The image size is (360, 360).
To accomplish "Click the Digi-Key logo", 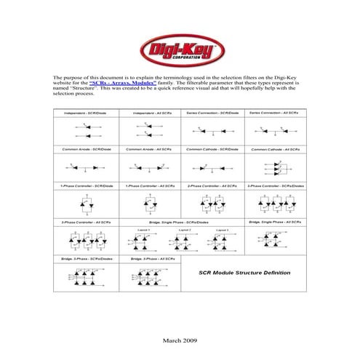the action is (x=180, y=51).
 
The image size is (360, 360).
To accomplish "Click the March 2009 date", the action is (x=180, y=340).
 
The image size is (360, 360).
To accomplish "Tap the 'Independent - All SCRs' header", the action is (x=151, y=113).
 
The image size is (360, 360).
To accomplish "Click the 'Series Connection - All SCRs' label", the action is (x=276, y=113).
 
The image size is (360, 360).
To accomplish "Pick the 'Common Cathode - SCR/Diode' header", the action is (x=212, y=149).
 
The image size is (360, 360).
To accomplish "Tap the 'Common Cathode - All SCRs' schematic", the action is (x=276, y=167).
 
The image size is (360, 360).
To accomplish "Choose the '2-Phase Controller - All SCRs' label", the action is (x=212, y=185).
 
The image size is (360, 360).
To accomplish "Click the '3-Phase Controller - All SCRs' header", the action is (x=86, y=221).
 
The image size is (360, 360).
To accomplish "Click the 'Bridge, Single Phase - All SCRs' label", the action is (x=276, y=221).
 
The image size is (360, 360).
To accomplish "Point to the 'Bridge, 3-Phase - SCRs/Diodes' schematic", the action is (x=87, y=276).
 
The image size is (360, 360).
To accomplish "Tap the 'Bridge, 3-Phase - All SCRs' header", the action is (x=151, y=258).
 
